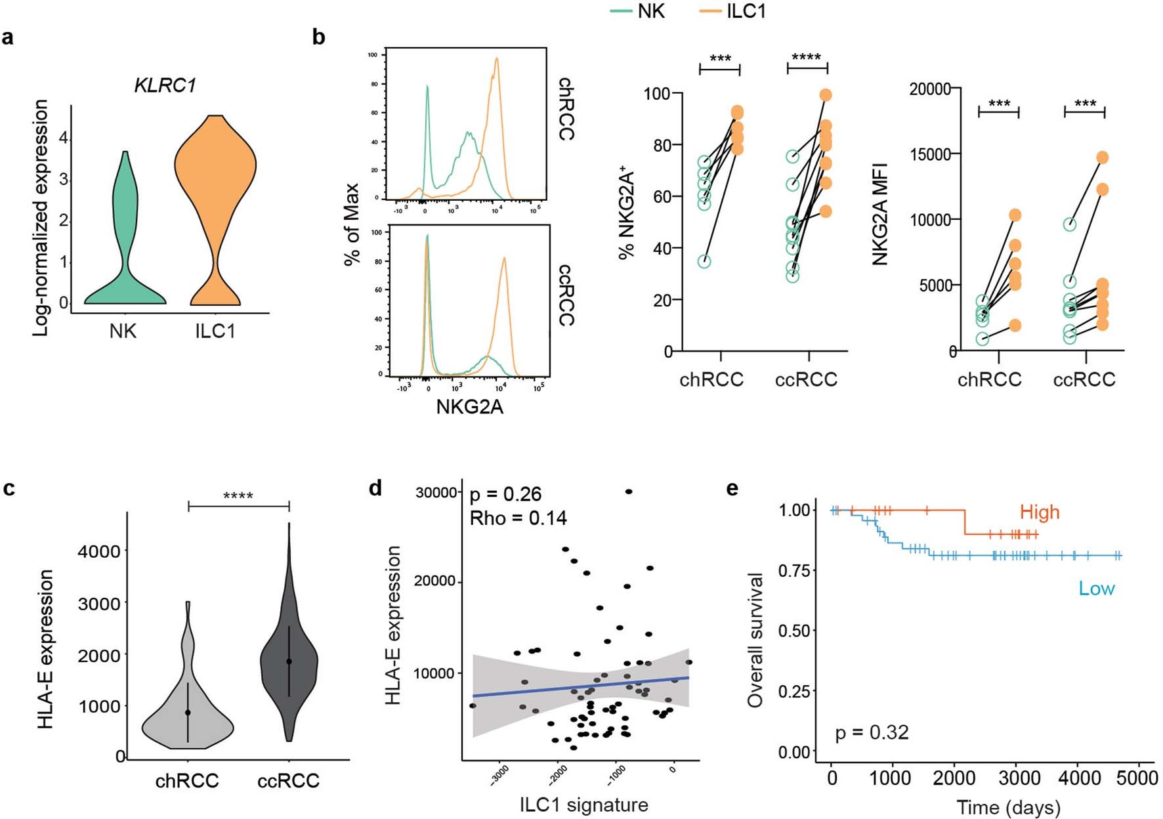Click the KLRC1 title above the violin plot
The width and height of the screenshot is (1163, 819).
pyautogui.click(x=165, y=85)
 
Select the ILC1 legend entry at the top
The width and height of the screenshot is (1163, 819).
pyautogui.click(x=746, y=11)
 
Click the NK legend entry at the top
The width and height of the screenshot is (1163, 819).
pyautogui.click(x=650, y=11)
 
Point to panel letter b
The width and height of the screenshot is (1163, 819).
pyautogui.click(x=319, y=37)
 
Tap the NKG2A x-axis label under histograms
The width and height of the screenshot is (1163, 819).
pyautogui.click(x=469, y=407)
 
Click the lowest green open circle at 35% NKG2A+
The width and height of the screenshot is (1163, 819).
pyautogui.click(x=704, y=261)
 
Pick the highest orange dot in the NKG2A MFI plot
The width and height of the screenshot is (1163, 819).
pyautogui.click(x=1102, y=157)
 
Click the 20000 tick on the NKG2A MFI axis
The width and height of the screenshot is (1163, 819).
pyautogui.click(x=929, y=89)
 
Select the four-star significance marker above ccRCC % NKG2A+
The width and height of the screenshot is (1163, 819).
pyautogui.click(x=807, y=57)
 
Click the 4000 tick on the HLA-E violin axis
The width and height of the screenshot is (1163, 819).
pyautogui.click(x=99, y=551)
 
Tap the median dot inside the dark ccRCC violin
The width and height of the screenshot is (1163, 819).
pyautogui.click(x=289, y=661)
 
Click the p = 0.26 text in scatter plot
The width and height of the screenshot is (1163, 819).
pyautogui.click(x=505, y=494)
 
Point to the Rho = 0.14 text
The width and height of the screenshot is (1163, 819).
pyautogui.click(x=518, y=518)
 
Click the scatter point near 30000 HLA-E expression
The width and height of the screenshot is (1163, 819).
pyautogui.click(x=629, y=492)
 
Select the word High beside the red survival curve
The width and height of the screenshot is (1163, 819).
pyautogui.click(x=1040, y=512)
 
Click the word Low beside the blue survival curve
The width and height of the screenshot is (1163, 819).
pyautogui.click(x=1096, y=588)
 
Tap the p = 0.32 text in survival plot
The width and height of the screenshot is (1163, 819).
pyautogui.click(x=872, y=732)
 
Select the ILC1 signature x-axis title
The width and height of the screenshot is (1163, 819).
pyautogui.click(x=583, y=805)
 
